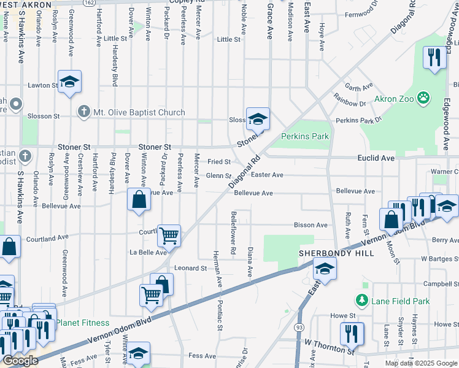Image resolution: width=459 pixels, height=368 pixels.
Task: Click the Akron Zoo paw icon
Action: tap(423, 96)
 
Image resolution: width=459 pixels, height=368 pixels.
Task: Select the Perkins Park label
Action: tap(305, 136)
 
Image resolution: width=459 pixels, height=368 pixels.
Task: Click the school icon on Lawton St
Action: tap(69, 82)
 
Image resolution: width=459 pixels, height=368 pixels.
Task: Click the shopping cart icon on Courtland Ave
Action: tap(169, 234)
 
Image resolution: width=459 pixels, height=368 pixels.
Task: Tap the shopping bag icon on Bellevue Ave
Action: tap(139, 199)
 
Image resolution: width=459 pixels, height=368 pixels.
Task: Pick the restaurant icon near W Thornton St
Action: tap(352, 332)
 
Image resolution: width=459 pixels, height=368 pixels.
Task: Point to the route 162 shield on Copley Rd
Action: tap(90, 3)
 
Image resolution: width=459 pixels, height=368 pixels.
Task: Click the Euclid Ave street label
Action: tap(376, 158)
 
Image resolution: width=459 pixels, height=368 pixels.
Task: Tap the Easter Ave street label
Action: tap(267, 175)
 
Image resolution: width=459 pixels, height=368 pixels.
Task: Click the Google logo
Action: tap(20, 361)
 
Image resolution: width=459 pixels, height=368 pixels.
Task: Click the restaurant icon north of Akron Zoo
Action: tap(434, 58)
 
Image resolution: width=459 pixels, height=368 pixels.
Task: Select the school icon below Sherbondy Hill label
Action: tap(325, 267)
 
